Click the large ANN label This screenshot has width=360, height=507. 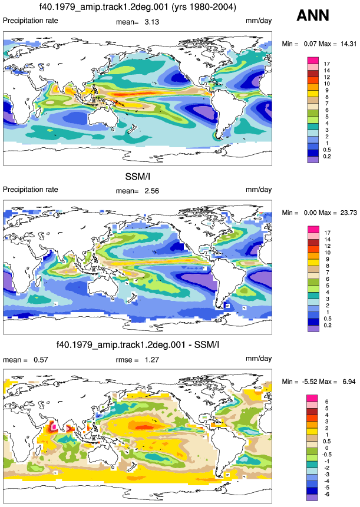[313, 15]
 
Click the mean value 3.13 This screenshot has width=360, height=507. [151, 22]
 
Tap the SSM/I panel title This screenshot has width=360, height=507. [137, 177]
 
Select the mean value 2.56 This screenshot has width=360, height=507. [151, 191]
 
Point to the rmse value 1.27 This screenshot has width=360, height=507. [151, 360]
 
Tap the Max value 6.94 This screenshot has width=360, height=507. [349, 382]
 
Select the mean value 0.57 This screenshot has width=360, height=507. [41, 360]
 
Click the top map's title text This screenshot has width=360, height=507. [137, 6]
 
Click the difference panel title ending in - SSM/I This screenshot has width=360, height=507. [137, 344]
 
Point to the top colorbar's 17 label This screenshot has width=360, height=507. [327, 64]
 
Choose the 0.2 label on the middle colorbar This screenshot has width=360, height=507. [328, 325]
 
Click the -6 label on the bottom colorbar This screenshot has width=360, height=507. [326, 495]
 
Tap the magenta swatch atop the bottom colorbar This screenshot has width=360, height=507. [312, 398]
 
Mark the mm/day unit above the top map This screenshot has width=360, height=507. [259, 21]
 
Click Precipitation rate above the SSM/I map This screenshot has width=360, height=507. [31, 190]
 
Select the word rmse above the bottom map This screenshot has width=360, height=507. [124, 360]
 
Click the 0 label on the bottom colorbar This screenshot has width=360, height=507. [326, 448]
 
